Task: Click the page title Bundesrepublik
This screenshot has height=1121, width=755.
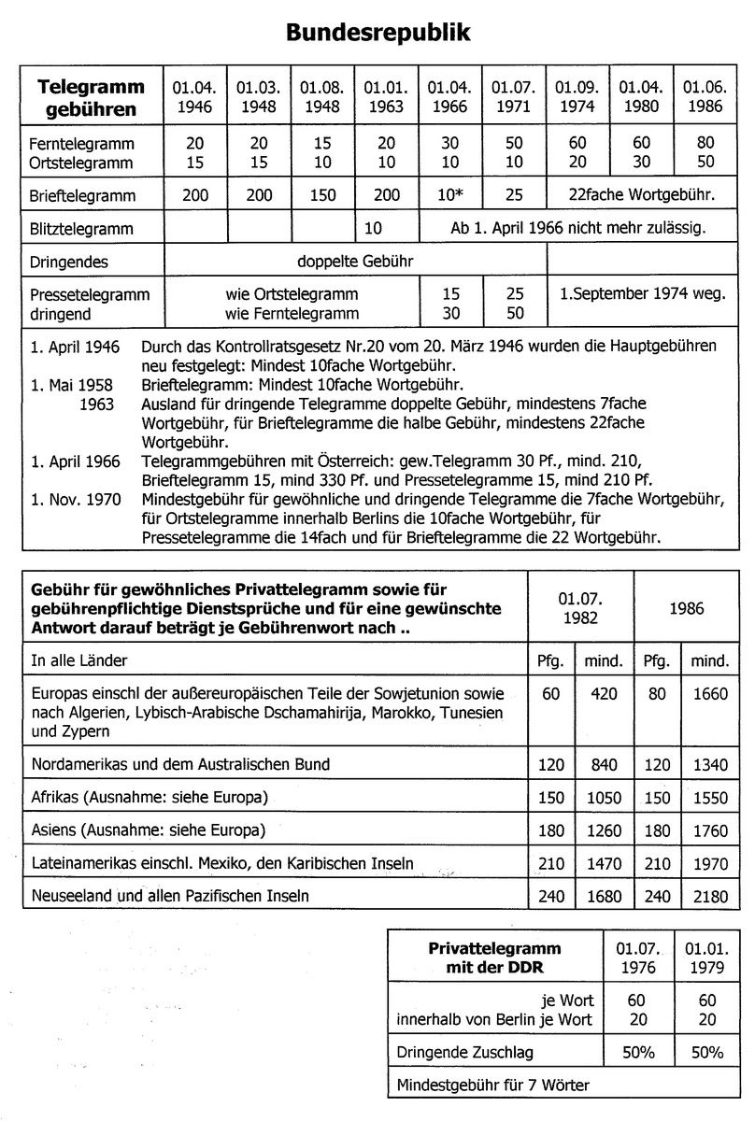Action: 377,34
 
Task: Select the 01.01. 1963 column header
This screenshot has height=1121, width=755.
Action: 386,96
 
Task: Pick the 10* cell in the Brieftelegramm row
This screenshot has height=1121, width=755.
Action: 449,196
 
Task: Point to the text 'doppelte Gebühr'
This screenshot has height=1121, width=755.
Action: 355,261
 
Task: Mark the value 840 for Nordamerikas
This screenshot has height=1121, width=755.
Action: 604,764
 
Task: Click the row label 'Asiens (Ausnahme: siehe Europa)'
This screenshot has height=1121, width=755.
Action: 149,830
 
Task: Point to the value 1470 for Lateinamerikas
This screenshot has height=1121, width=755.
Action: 604,862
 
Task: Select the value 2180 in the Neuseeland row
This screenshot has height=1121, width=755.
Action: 709,895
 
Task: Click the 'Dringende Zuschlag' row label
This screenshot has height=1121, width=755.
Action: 464,1051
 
